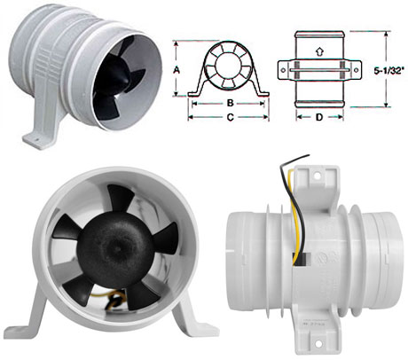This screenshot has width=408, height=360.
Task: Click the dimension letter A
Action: click(177, 70)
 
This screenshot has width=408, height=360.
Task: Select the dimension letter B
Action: click(230, 103)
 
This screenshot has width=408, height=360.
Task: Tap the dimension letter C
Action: click(230, 117)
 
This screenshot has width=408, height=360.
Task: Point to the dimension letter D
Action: click(319, 117)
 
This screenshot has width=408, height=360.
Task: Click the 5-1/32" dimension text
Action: click(388, 71)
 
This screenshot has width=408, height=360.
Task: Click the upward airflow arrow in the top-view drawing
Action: click(319, 51)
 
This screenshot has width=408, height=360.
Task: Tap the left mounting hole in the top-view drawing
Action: click(283, 70)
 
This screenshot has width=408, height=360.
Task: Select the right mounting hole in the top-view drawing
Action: click(356, 70)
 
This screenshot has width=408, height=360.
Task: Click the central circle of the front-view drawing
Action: click(224, 65)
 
